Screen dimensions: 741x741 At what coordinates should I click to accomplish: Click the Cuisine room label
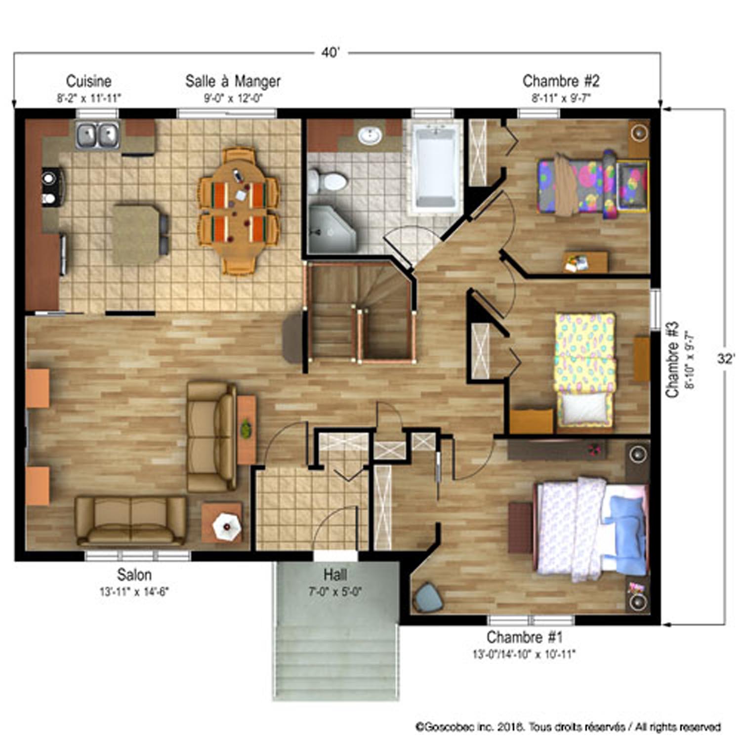click(x=89, y=81)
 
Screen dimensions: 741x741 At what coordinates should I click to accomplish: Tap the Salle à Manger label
click(x=233, y=81)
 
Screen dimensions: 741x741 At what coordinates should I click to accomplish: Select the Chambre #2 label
click(x=561, y=81)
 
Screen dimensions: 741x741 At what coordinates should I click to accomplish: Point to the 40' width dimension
click(x=330, y=52)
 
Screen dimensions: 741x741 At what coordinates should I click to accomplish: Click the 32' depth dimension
click(x=726, y=359)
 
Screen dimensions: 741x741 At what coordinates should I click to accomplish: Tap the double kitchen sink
click(x=97, y=135)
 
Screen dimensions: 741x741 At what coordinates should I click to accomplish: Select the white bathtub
click(x=436, y=167)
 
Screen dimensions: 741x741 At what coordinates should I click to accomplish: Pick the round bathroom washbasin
click(x=369, y=135)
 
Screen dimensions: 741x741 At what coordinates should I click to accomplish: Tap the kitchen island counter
click(x=135, y=234)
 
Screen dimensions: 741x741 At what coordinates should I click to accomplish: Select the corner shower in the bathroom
click(x=332, y=229)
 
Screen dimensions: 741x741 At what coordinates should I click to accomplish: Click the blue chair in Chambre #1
click(x=429, y=597)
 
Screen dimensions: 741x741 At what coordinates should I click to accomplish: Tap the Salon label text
click(x=134, y=575)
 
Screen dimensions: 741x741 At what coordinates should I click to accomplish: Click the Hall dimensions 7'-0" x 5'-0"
click(x=335, y=591)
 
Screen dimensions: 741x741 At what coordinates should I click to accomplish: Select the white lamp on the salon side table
click(x=227, y=526)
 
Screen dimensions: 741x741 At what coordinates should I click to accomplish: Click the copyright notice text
click(x=568, y=727)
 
